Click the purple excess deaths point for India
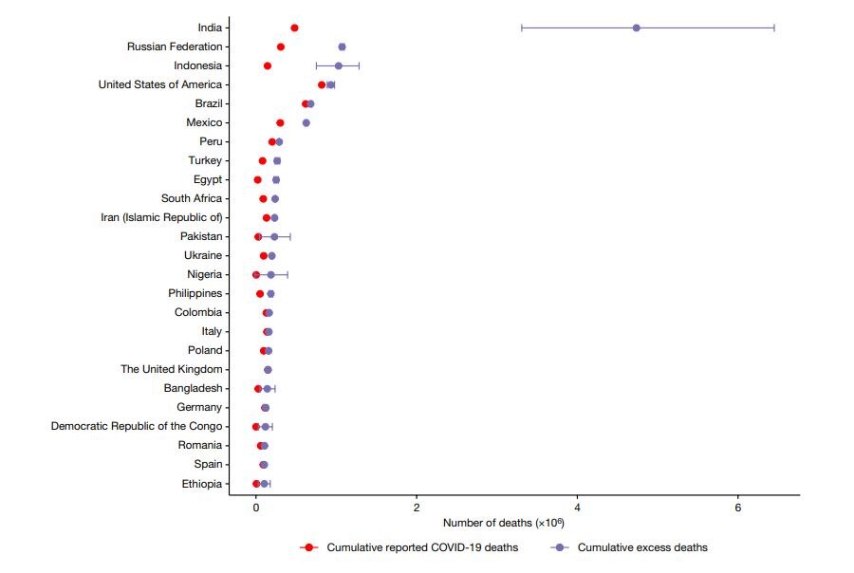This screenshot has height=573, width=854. tap(636, 28)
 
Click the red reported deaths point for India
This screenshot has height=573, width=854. tap(294, 28)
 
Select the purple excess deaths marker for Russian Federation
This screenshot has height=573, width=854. tap(342, 46)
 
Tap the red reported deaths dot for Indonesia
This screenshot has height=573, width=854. tap(268, 65)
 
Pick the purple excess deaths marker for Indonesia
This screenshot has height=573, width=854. tap(338, 65)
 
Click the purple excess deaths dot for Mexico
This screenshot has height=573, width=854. tap(306, 122)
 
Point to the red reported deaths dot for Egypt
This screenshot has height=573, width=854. tap(257, 179)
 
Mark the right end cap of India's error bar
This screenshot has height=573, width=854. tap(774, 28)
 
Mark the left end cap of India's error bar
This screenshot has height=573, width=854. tap(522, 28)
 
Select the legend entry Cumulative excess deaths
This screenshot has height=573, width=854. tap(641, 547)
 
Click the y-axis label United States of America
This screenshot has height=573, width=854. tap(160, 84)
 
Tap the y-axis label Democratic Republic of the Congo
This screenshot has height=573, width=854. tap(137, 426)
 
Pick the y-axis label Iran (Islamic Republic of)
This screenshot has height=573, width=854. tap(161, 217)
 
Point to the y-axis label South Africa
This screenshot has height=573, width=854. tap(192, 198)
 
